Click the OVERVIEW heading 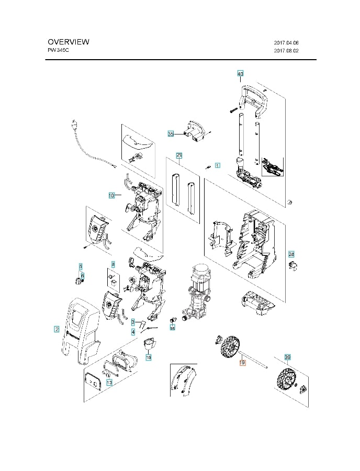68,42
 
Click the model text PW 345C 58,51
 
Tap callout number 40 240,74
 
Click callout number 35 171,134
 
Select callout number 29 179,155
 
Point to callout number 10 111,195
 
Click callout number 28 291,254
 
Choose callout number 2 57,329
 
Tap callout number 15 148,357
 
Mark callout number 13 109,383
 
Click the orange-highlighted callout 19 242,362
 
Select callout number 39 287,357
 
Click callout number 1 218,164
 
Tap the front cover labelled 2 78,330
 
